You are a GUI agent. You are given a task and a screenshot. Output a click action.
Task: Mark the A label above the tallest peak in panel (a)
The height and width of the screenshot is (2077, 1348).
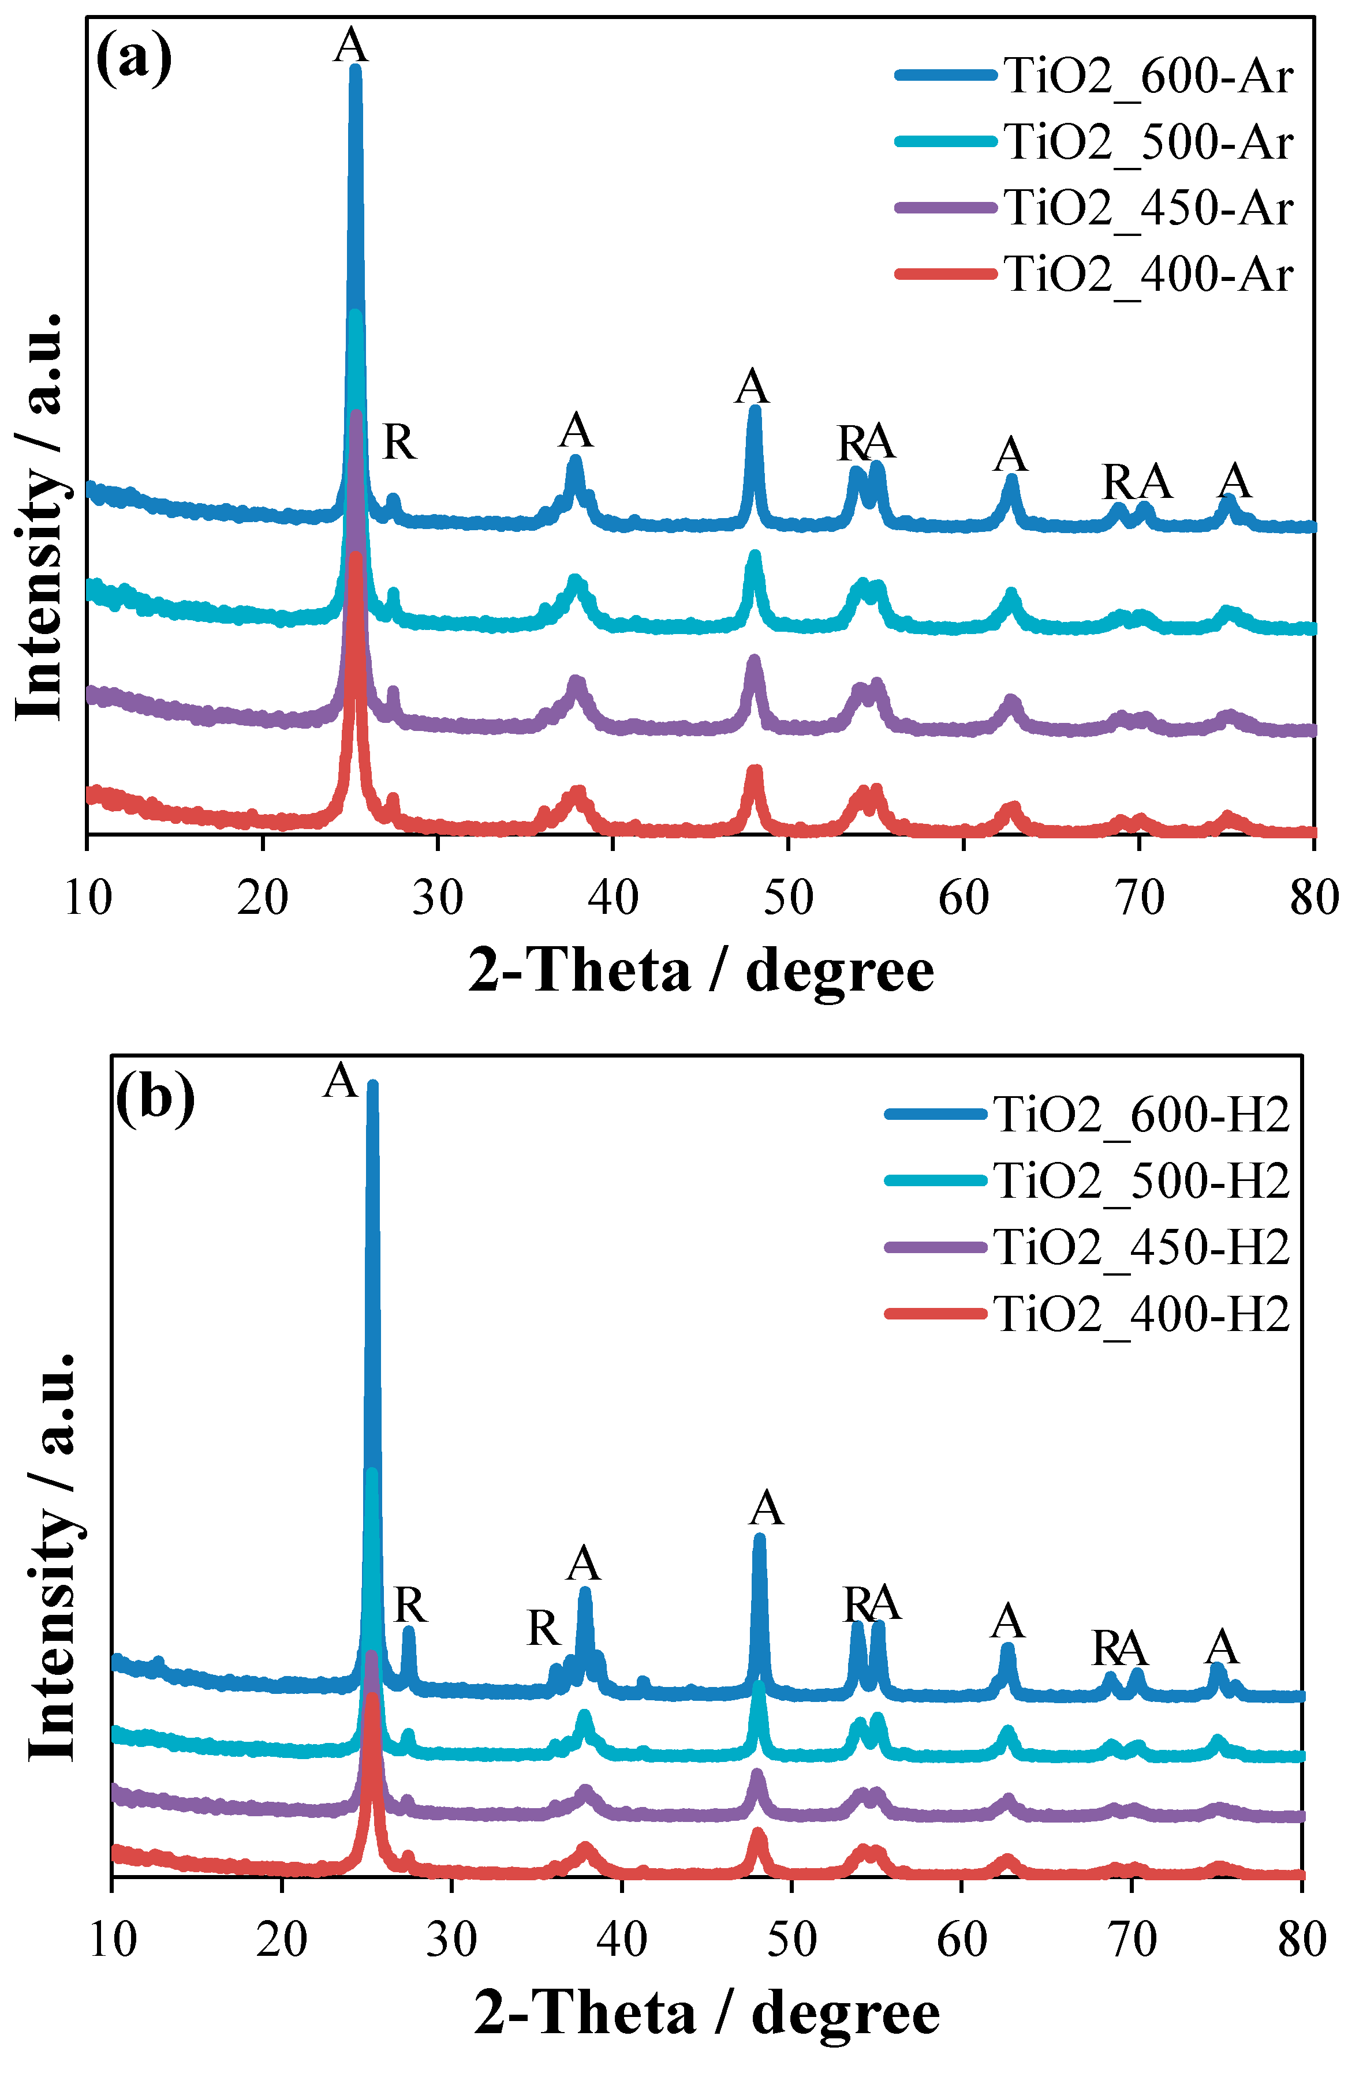351,44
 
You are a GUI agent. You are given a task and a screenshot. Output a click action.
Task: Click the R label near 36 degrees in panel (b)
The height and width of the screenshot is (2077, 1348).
543,1628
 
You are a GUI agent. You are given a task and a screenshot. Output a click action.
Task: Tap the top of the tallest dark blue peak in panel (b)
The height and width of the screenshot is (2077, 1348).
373,1086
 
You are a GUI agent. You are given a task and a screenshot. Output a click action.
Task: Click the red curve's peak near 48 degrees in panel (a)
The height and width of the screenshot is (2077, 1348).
755,771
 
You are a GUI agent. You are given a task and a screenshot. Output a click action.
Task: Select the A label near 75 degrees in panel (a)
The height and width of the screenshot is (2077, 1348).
1234,480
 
